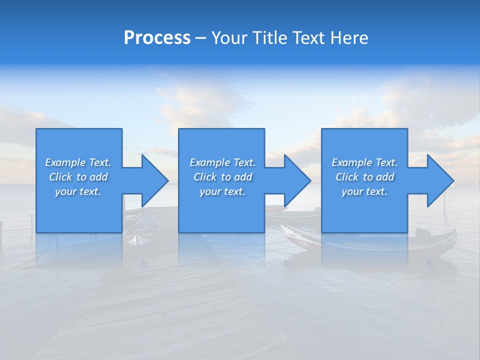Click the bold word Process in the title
(x=157, y=38)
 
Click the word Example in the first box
(x=65, y=162)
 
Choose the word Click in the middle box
(x=204, y=177)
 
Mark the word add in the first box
(x=99, y=177)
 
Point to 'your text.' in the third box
(x=364, y=191)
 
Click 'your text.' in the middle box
(x=222, y=191)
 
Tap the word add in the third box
(x=385, y=177)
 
